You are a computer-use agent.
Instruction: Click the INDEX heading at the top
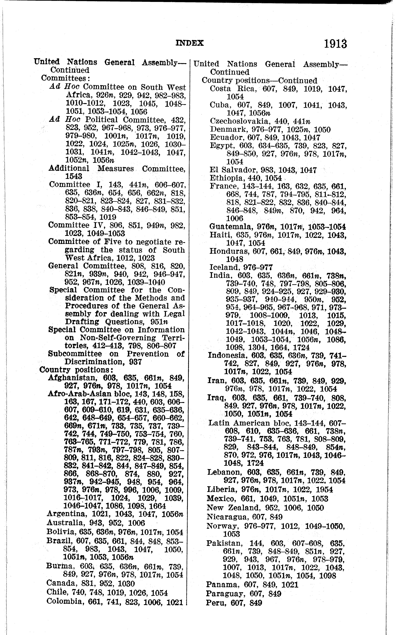[x=190, y=43]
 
